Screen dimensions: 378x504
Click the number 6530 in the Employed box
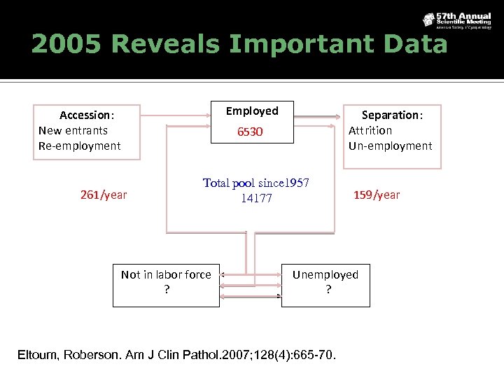coord(250,132)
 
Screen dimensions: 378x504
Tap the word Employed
coord(252,111)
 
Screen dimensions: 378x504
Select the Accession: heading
coord(87,115)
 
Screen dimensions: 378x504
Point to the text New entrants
coord(73,130)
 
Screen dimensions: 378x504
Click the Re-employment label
coord(79,146)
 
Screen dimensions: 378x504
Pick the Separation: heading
coord(392,115)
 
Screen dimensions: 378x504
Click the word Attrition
coord(370,130)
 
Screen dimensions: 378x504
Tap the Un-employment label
coord(390,146)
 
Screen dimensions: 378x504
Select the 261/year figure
coord(104,195)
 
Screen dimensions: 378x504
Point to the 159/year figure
coord(377,195)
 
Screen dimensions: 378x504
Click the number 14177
coord(256,199)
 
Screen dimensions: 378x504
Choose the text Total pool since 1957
coord(256,183)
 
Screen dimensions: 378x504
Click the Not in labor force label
coord(166,274)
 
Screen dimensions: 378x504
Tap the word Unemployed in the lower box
coord(325,274)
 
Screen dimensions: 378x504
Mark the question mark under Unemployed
coord(328,289)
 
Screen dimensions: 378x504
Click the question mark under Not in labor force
coord(166,289)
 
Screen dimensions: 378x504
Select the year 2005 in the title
coord(66,44)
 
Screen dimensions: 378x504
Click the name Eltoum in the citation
coord(38,355)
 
